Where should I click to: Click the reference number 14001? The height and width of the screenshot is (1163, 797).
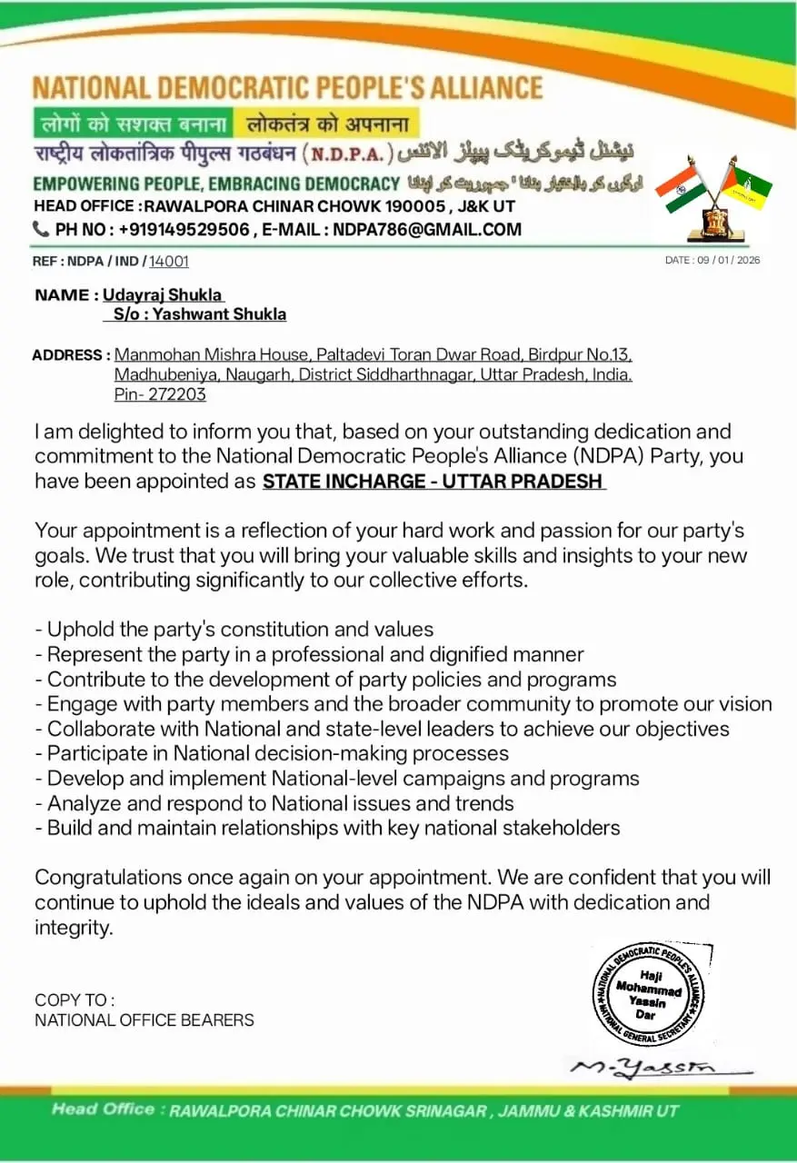[169, 262]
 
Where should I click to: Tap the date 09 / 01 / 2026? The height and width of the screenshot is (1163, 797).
[712, 261]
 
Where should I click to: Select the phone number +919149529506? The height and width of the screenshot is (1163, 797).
[183, 230]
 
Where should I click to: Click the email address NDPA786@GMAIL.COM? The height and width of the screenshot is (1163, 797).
[427, 230]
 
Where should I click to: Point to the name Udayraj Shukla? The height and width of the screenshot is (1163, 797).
[163, 295]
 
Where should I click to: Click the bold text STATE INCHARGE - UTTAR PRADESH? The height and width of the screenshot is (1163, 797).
[433, 482]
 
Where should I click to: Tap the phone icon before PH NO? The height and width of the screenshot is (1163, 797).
[41, 230]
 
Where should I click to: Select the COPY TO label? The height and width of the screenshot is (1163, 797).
[75, 1000]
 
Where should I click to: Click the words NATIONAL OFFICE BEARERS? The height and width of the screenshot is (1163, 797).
[144, 1020]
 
